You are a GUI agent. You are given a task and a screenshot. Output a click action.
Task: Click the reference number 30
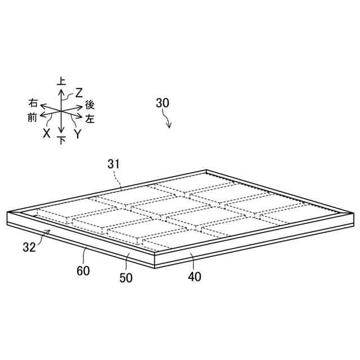pyautogui.click(x=163, y=103)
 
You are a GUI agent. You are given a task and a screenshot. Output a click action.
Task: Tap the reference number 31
pyautogui.click(x=114, y=163)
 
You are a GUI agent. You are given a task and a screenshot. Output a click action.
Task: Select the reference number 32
pyautogui.click(x=30, y=246)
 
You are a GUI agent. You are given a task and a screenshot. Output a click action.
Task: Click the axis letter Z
pyautogui.click(x=79, y=92)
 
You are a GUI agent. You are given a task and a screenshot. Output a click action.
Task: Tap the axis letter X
pyautogui.click(x=47, y=133)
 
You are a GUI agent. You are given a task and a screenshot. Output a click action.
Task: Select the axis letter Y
pyautogui.click(x=78, y=134)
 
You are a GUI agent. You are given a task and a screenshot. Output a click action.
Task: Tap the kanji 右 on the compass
pyautogui.click(x=33, y=103)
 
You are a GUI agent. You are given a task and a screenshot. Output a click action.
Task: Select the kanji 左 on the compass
pyautogui.click(x=90, y=119)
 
